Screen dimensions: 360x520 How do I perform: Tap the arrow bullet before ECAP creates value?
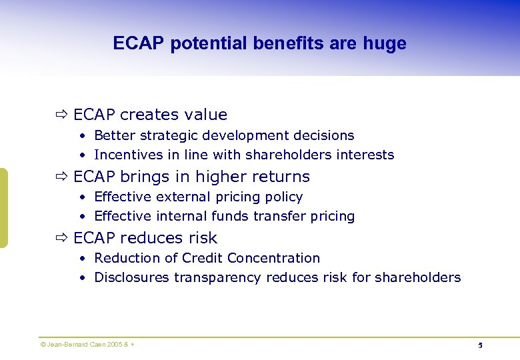(x=62, y=115)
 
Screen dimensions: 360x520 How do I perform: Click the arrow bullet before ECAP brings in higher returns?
(x=62, y=177)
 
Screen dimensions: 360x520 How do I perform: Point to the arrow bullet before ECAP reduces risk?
(x=62, y=238)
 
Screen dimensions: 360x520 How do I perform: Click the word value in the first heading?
(x=207, y=115)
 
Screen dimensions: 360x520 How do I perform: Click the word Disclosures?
(x=132, y=277)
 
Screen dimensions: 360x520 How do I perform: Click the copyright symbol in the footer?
(x=43, y=344)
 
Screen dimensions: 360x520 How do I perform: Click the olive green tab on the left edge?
(x=3, y=208)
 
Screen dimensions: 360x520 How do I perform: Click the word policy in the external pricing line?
(x=285, y=197)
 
